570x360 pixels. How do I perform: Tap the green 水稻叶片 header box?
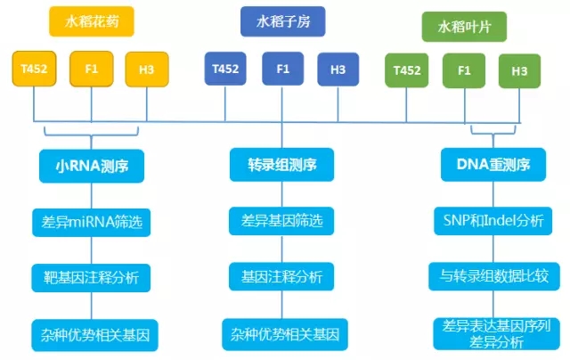[x=459, y=27]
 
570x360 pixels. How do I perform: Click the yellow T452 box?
[x=33, y=70]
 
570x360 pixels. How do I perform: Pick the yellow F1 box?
[x=91, y=70]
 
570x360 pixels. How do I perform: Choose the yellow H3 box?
[x=146, y=70]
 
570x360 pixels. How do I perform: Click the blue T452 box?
[x=225, y=69]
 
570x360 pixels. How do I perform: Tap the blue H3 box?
[x=338, y=69]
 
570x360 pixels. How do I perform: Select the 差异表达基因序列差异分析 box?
[x=492, y=332]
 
